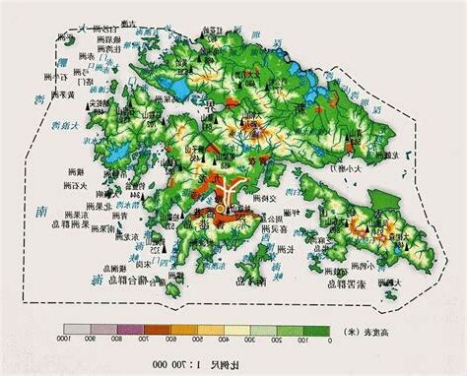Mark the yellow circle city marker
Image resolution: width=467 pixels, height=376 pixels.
pyautogui.click(x=220, y=210)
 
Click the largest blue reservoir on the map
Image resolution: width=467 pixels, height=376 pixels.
pyautogui.click(x=179, y=88)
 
